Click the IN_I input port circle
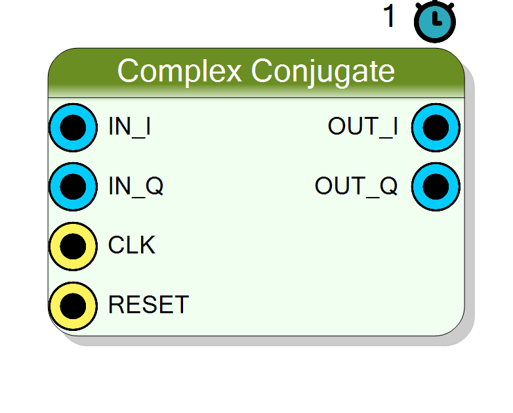(x=73, y=127)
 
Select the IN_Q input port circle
(x=73, y=186)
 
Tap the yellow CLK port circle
(x=73, y=246)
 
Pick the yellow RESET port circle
(x=73, y=306)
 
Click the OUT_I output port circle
(x=436, y=127)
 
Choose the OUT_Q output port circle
(x=436, y=186)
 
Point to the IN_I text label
(x=129, y=127)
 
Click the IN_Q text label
(x=136, y=186)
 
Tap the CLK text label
(x=131, y=245)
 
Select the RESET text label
(x=148, y=305)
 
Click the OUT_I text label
(x=363, y=127)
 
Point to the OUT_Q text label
(x=356, y=186)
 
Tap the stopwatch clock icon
(x=435, y=22)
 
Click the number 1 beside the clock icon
(x=389, y=16)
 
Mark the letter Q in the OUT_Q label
(x=388, y=186)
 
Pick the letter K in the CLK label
(x=146, y=245)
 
